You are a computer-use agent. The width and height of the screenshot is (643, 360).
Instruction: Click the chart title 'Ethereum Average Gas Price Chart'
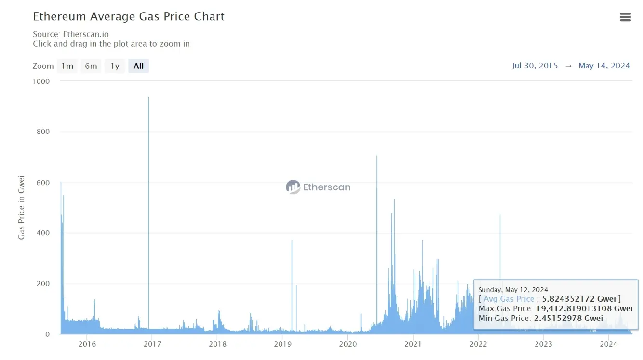click(x=129, y=16)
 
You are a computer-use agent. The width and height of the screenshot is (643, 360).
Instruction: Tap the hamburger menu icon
click(x=625, y=17)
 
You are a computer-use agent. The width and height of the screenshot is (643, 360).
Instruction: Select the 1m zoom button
click(x=67, y=66)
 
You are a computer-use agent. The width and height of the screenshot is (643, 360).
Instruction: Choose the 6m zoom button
click(x=91, y=66)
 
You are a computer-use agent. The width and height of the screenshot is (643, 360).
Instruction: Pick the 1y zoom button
click(x=115, y=66)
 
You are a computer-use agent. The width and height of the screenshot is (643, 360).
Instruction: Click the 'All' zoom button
click(x=138, y=66)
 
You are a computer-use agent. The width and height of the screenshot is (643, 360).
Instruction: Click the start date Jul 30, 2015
click(x=535, y=66)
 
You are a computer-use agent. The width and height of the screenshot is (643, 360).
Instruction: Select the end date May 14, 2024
click(x=604, y=66)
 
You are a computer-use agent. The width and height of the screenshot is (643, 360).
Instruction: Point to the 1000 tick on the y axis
click(x=41, y=81)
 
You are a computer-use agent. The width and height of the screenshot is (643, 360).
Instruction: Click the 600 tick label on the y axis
click(x=42, y=183)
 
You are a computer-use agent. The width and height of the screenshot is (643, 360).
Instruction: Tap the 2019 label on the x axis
click(x=282, y=344)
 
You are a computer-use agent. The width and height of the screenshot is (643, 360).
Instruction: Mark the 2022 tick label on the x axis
click(x=478, y=344)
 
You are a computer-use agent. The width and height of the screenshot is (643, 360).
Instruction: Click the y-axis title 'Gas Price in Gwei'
click(x=21, y=207)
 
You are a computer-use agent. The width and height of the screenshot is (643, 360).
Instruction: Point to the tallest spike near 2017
click(x=148, y=98)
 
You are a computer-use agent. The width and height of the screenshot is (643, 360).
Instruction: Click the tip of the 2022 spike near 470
click(x=500, y=215)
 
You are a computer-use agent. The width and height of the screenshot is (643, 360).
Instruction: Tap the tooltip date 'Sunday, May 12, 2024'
click(x=513, y=290)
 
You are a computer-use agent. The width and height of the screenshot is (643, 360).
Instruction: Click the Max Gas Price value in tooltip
click(x=584, y=308)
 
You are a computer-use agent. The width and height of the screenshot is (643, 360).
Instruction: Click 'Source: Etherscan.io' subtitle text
click(x=71, y=34)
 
